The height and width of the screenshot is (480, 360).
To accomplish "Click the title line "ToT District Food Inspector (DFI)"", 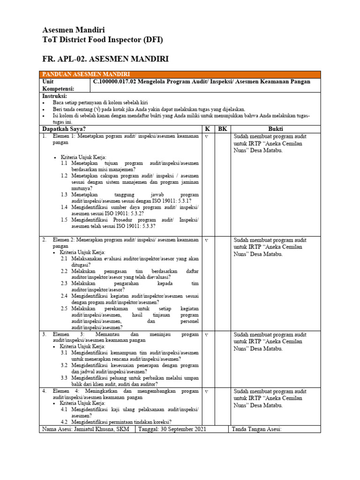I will [x=103, y=40].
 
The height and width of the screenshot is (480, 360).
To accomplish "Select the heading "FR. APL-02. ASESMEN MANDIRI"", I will [x=105, y=59].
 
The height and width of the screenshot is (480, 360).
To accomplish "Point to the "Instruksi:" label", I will [x=55, y=95].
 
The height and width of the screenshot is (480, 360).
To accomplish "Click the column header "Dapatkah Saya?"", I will [x=64, y=129].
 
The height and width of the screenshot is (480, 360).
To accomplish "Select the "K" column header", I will [x=207, y=129].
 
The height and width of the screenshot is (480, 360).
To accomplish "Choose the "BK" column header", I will [x=222, y=129].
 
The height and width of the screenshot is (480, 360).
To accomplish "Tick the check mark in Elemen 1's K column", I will [x=207, y=136].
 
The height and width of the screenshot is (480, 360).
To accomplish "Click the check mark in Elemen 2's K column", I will [x=207, y=240].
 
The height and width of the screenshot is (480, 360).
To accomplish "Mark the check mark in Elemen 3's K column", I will [x=207, y=335].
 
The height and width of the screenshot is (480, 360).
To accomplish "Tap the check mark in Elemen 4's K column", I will [x=207, y=391].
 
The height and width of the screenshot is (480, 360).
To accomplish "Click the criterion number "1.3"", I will [x=65, y=194].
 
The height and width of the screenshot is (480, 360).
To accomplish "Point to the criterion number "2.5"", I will [x=65, y=309].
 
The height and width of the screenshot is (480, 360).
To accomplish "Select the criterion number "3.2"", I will [x=65, y=365].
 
